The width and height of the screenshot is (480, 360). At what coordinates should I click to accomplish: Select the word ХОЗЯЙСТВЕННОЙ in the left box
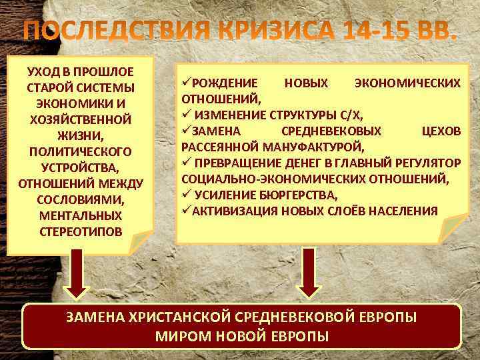pos(80,120)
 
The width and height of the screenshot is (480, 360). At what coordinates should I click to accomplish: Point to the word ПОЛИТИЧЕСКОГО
pos(80,152)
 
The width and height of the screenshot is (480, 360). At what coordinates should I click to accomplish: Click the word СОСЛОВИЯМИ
pos(80,200)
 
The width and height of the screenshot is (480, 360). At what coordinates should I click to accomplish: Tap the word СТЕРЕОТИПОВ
pos(80,232)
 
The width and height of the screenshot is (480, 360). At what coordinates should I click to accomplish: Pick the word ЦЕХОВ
pos(441,131)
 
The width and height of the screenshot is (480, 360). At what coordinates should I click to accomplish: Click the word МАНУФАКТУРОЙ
pos(313,147)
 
